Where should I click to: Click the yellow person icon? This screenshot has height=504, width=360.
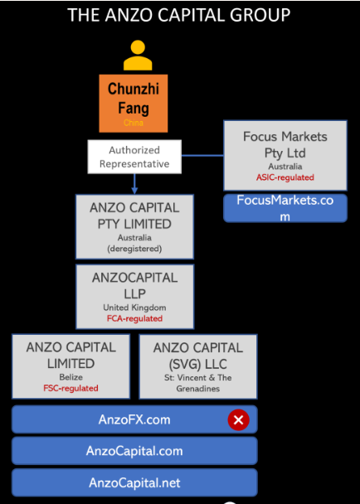click(x=138, y=56)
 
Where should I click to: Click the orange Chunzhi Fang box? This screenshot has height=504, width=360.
click(x=134, y=104)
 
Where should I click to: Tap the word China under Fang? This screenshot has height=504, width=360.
click(x=134, y=123)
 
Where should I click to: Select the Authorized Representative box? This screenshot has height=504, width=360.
click(x=134, y=157)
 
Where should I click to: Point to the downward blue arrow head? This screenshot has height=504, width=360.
click(x=134, y=191)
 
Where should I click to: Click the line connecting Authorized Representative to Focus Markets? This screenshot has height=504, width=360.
click(x=202, y=156)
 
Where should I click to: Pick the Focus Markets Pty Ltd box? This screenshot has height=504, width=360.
click(x=285, y=156)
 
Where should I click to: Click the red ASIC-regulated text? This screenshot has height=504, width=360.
click(x=285, y=177)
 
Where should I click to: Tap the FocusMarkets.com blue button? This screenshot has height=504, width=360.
click(x=285, y=208)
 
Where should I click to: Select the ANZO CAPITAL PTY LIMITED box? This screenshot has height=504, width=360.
click(x=134, y=226)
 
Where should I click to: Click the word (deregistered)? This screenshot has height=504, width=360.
click(x=134, y=249)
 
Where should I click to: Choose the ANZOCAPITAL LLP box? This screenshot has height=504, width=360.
click(x=135, y=297)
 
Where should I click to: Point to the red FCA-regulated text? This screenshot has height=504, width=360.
click(x=134, y=318)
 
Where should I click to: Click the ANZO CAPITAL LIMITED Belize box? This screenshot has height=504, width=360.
click(x=71, y=366)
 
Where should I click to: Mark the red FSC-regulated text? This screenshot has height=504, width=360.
click(x=71, y=388)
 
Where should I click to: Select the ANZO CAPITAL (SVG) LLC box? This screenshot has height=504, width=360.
click(x=198, y=366)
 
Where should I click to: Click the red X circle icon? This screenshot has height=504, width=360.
click(x=238, y=419)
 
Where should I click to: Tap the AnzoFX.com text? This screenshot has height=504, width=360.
click(x=134, y=419)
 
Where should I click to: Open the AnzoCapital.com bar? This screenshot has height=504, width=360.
click(x=134, y=451)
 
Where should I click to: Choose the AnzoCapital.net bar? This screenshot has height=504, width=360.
click(x=134, y=482)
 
